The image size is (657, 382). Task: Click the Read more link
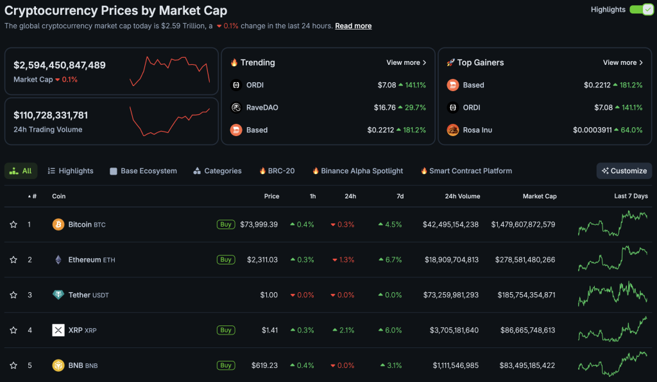pos(354,26)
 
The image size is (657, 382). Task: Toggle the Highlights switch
pos(642,10)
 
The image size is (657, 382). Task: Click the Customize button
pos(624,171)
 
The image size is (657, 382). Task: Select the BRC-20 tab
pos(277,171)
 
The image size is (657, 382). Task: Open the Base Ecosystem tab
pos(143,171)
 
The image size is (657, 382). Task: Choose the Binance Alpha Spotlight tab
pos(357,171)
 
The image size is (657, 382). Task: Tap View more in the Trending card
pos(406,62)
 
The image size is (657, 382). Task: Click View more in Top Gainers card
pos(622,62)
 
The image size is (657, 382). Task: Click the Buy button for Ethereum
pos(226,259)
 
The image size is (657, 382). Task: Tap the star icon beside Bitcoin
pos(13,224)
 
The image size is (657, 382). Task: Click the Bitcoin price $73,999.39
pos(259,224)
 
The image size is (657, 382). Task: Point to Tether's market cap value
pos(526,295)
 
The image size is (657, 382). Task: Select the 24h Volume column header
pos(463,196)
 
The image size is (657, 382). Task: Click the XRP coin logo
pos(58,330)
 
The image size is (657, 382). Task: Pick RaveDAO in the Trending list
pos(262,107)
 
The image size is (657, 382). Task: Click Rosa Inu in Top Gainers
pos(477,130)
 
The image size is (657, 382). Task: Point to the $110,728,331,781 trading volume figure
pos(51,115)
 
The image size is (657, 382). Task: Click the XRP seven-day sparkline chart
pos(613,329)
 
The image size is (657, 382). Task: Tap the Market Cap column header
pos(540,196)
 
